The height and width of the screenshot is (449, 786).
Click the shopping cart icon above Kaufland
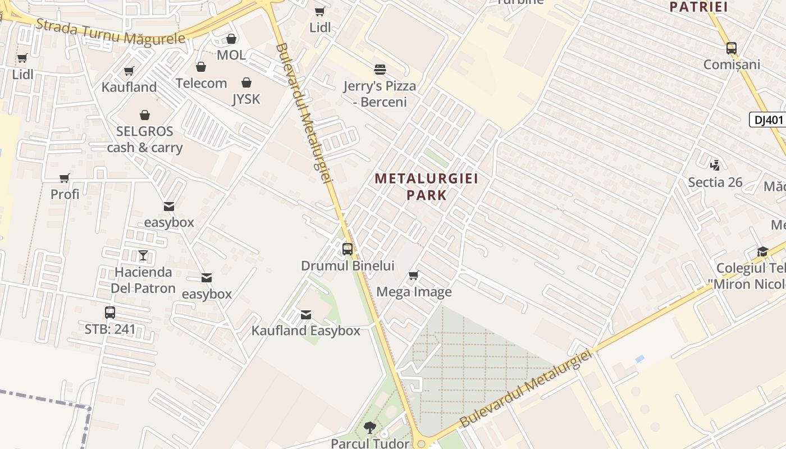pyautogui.click(x=129, y=71)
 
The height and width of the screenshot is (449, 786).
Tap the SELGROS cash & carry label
pyautogui.click(x=145, y=140)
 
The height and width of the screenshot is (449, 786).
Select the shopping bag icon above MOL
pyautogui.click(x=231, y=39)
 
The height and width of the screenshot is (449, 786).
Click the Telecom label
pyautogui.click(x=201, y=83)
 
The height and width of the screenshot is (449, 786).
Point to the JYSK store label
pyautogui.click(x=246, y=99)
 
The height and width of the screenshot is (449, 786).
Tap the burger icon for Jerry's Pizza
pyautogui.click(x=380, y=70)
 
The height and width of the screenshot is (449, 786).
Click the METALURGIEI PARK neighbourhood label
pyautogui.click(x=426, y=187)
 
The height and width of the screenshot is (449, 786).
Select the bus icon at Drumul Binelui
pyautogui.click(x=348, y=249)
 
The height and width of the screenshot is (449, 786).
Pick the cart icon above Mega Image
pyautogui.click(x=414, y=275)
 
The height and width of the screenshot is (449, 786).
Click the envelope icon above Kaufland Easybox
pyautogui.click(x=306, y=315)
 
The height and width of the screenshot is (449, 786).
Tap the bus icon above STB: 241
pyautogui.click(x=110, y=313)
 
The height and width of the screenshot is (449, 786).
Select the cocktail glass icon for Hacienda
pyautogui.click(x=143, y=255)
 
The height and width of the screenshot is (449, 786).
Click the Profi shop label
pyautogui.click(x=65, y=194)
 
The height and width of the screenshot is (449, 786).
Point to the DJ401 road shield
pyautogui.click(x=767, y=120)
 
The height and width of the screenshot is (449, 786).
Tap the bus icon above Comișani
pyautogui.click(x=731, y=48)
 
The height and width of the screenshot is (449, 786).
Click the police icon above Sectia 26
pyautogui.click(x=715, y=165)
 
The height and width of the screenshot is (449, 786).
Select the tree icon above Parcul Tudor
pyautogui.click(x=369, y=428)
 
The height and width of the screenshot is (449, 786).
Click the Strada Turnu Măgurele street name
pyautogui.click(x=110, y=31)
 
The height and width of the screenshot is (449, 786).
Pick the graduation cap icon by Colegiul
pyautogui.click(x=762, y=251)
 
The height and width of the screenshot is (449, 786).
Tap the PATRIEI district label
pyautogui.click(x=698, y=7)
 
